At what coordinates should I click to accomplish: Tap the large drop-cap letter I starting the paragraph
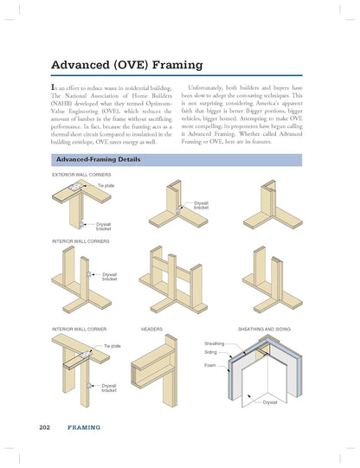coord(55,89)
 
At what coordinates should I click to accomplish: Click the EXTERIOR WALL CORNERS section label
coord(83,176)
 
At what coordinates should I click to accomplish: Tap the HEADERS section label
coord(152,330)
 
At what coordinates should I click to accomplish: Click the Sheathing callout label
coord(215,343)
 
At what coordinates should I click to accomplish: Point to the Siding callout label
coord(211,353)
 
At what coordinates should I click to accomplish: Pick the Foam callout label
coord(210,366)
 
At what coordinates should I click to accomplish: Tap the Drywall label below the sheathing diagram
coord(270,402)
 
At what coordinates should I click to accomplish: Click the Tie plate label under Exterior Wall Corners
coord(106,185)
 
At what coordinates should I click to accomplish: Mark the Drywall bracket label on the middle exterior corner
coord(202,205)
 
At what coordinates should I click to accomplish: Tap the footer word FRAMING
coord(84,427)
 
